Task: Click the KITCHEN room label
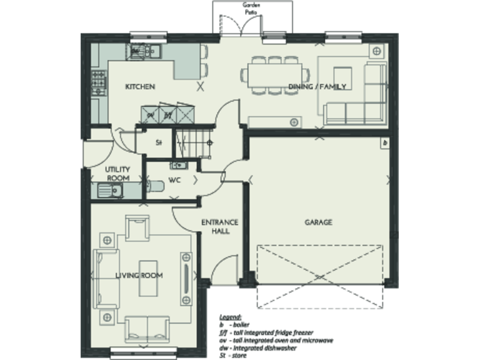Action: [x=139, y=87]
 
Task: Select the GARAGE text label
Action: [x=318, y=222]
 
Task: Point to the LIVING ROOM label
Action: [x=139, y=276]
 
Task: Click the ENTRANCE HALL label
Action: [x=219, y=226]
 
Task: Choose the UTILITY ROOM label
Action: [x=117, y=174]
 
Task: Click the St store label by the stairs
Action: [x=159, y=142]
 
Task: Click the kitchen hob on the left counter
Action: [x=98, y=80]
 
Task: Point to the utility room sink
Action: [x=107, y=191]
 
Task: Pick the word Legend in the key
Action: [x=230, y=317]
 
